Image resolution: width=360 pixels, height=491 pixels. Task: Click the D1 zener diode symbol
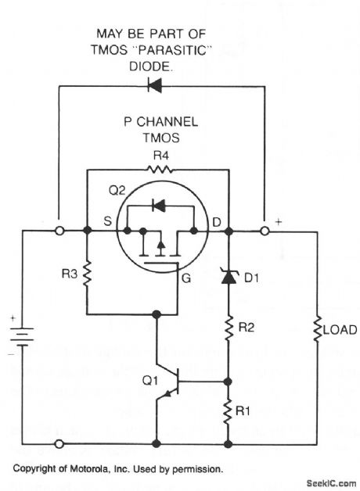pos(229,276)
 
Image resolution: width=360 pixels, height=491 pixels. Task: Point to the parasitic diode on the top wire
pos(156,85)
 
